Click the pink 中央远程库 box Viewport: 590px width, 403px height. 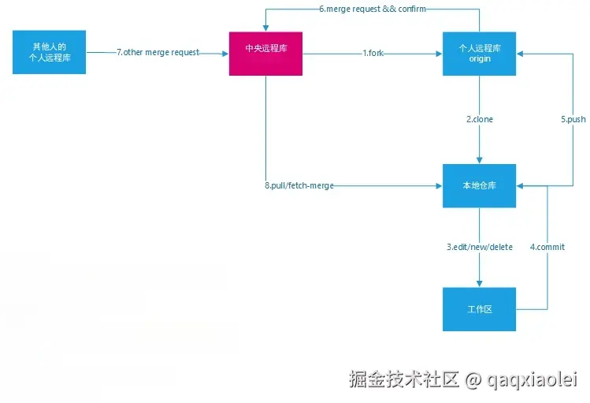pyautogui.click(x=265, y=54)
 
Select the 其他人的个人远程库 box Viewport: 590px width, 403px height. pyautogui.click(x=49, y=53)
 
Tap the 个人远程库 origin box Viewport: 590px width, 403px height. pyautogui.click(x=479, y=54)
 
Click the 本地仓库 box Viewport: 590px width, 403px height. pyautogui.click(x=479, y=186)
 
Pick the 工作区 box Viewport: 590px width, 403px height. pyautogui.click(x=479, y=309)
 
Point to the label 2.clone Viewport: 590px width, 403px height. pyautogui.click(x=479, y=119)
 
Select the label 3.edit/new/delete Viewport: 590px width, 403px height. pyautogui.click(x=479, y=247)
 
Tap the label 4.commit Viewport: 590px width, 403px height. pyautogui.click(x=547, y=247)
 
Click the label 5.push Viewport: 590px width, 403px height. pyautogui.click(x=573, y=119)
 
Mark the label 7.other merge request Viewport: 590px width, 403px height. pyautogui.click(x=158, y=53)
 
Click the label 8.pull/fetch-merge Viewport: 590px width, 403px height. pyautogui.click(x=299, y=186)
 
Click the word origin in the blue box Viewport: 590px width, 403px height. pyautogui.click(x=480, y=59)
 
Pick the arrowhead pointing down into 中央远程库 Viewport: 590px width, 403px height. pyautogui.click(x=265, y=28)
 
